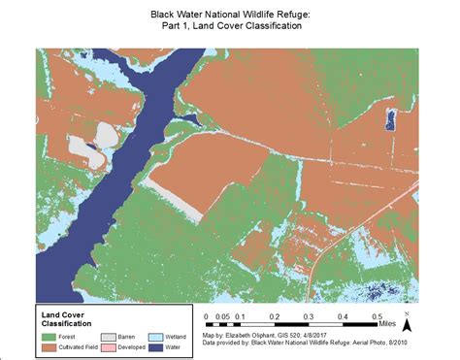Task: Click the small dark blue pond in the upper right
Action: click(x=392, y=119)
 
